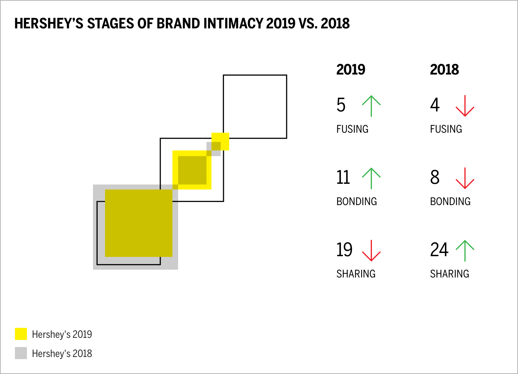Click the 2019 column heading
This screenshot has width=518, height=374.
click(351, 70)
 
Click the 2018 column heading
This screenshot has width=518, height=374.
click(444, 70)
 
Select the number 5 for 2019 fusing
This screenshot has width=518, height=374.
click(341, 105)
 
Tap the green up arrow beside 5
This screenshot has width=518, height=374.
click(371, 106)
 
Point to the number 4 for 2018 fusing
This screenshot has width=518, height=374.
click(435, 105)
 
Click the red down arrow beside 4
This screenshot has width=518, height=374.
click(465, 106)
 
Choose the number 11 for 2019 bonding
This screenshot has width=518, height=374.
click(343, 177)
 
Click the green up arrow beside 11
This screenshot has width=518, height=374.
click(371, 178)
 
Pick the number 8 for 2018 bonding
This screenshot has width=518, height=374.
click(435, 177)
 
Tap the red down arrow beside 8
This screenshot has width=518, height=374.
click(465, 178)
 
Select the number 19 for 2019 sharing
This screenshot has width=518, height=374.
click(344, 250)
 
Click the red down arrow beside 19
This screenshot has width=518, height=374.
click(371, 251)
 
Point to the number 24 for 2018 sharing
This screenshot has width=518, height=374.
click(439, 250)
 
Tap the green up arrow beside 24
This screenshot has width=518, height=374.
click(465, 251)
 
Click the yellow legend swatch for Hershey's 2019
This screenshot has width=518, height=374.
click(21, 334)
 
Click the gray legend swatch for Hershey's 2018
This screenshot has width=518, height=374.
click(21, 353)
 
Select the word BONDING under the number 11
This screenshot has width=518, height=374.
click(357, 202)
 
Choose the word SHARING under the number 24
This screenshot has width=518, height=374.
click(450, 274)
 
